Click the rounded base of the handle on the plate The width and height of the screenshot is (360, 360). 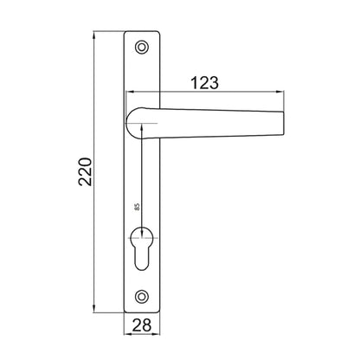point(138,122)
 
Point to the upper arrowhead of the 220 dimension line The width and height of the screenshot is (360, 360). point(93,37)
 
